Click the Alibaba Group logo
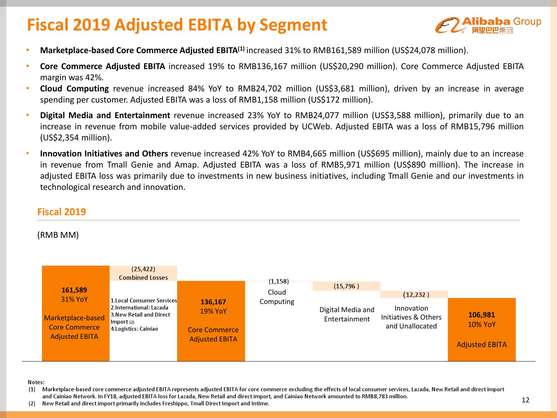[488, 25]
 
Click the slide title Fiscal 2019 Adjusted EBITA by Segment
[177, 25]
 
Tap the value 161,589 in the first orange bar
[74, 290]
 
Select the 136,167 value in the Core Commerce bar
[213, 302]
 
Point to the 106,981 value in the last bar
[482, 315]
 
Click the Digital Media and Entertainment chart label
[347, 314]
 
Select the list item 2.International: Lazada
[139, 308]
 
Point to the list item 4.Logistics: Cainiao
[134, 329]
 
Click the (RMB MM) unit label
[58, 235]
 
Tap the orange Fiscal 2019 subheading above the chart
[62, 212]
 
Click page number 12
[525, 400]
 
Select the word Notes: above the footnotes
[36, 382]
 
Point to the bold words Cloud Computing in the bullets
[74, 89]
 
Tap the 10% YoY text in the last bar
[482, 324]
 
